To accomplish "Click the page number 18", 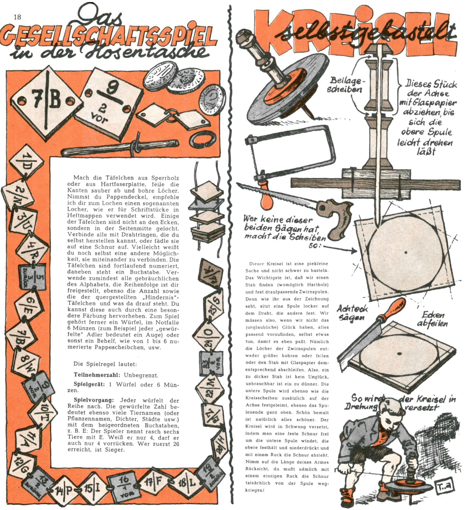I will click(17, 17).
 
